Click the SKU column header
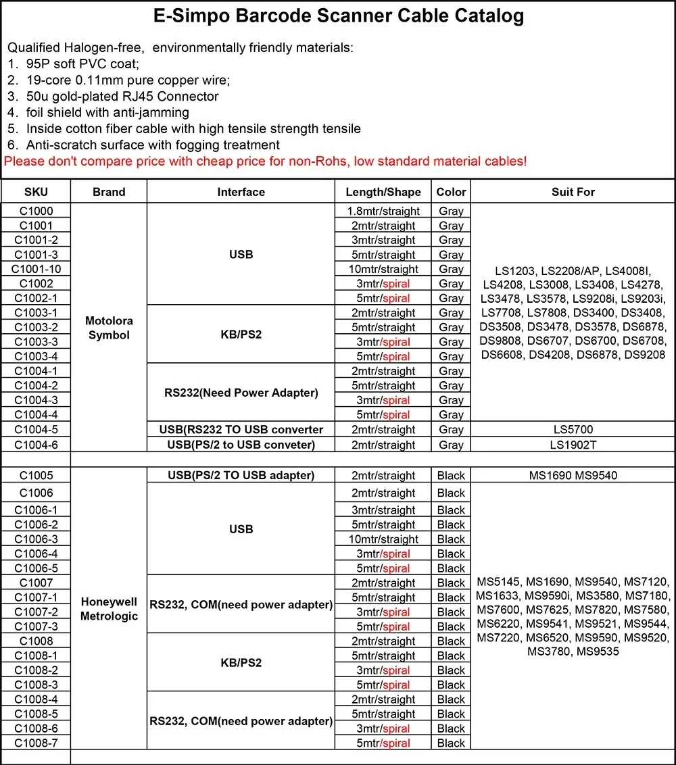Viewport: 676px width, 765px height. click(x=36, y=192)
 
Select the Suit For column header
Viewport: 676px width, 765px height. click(x=573, y=192)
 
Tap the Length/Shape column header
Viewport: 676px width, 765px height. click(x=383, y=192)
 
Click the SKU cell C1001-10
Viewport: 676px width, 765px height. click(x=36, y=269)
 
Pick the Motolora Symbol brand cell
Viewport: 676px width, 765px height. click(x=109, y=328)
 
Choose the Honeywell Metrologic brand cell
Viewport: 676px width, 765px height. click(x=109, y=608)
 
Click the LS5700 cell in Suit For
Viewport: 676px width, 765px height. click(x=573, y=430)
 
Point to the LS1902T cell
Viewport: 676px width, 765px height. click(x=573, y=445)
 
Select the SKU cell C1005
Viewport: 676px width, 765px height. click(x=36, y=475)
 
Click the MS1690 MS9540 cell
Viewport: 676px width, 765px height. click(x=573, y=475)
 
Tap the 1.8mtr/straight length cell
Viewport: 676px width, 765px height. click(x=383, y=211)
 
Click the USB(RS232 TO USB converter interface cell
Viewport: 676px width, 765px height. click(x=241, y=430)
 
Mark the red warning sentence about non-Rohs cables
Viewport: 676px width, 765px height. click(x=265, y=162)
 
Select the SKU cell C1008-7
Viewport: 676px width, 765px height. click(x=36, y=743)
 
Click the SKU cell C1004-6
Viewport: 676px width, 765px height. click(x=36, y=445)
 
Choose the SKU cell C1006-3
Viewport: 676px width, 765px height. click(x=36, y=539)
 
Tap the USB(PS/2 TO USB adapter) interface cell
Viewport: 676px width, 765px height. click(x=241, y=475)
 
